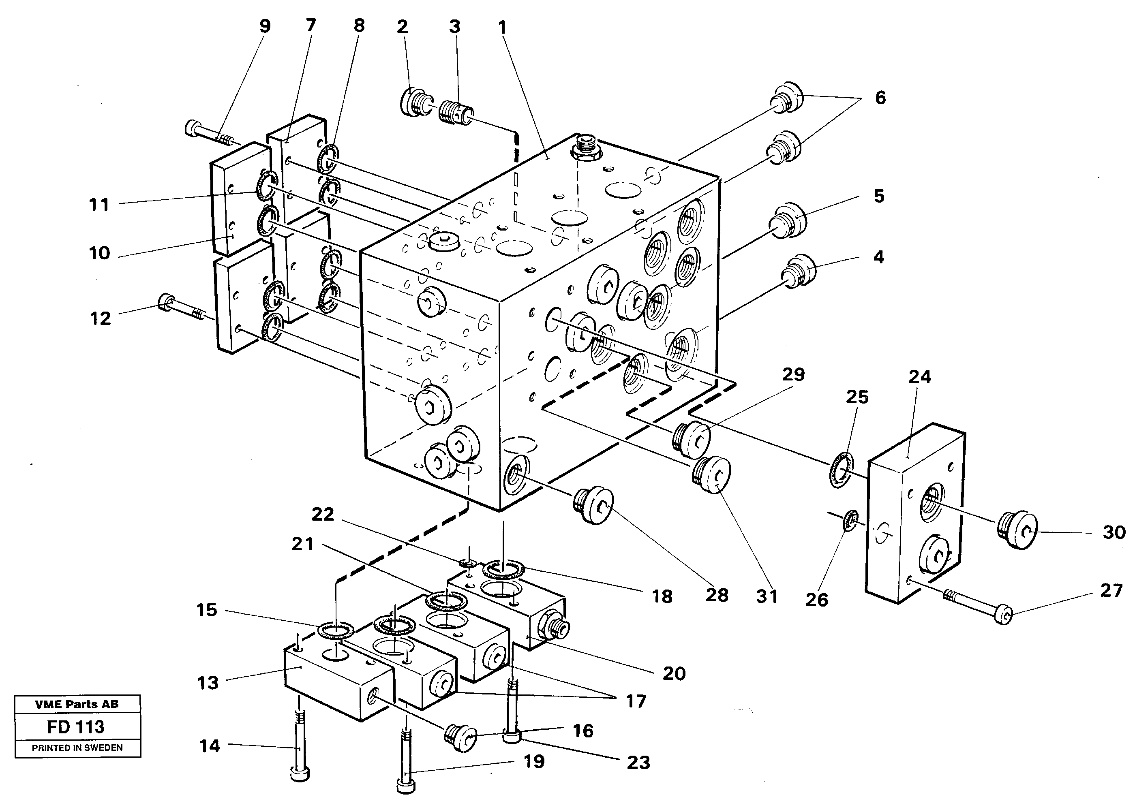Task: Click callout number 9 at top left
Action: [x=265, y=27]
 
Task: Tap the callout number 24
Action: [x=919, y=378]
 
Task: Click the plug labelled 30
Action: [x=1016, y=530]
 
